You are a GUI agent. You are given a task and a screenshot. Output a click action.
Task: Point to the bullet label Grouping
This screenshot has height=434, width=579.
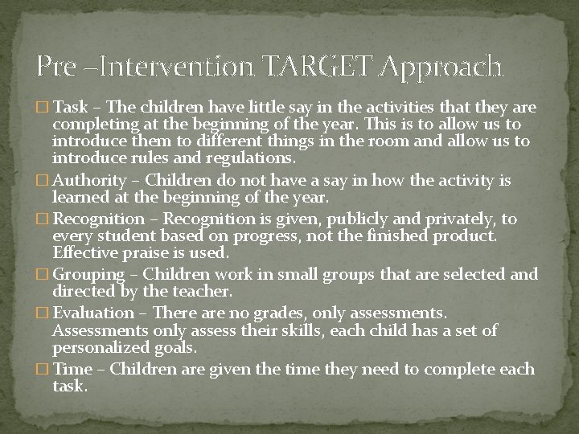tap(88, 274)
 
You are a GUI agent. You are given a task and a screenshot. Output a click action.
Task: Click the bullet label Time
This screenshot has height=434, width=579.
tap(71, 369)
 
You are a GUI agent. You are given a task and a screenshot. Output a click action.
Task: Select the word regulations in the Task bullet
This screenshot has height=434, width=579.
tap(250, 158)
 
